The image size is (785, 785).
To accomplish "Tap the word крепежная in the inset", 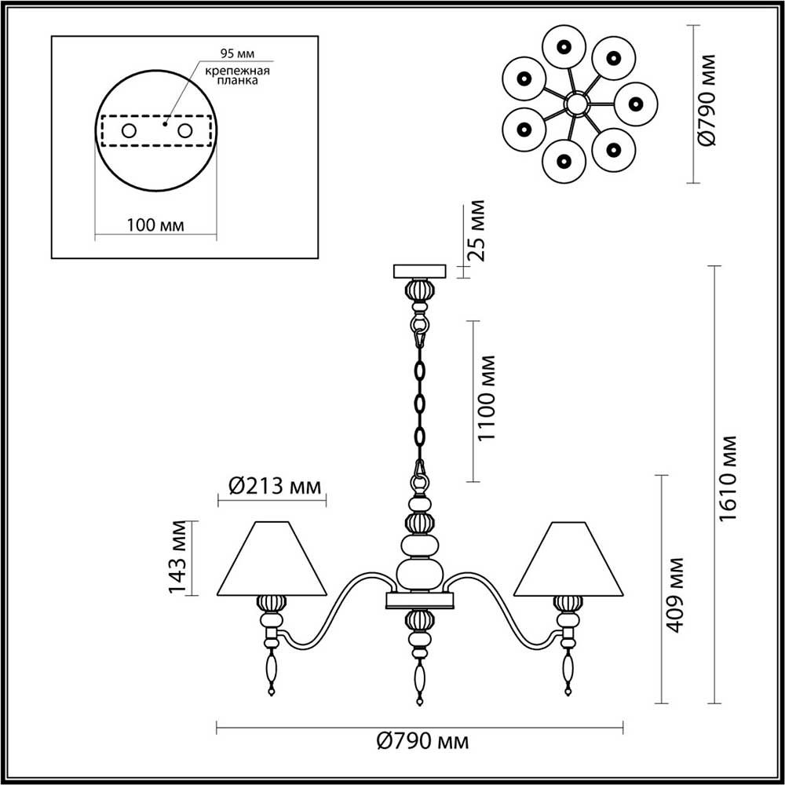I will tap(238, 71).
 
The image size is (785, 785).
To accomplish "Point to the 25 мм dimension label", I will tap(477, 231).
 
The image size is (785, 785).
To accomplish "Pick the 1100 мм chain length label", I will tap(487, 398).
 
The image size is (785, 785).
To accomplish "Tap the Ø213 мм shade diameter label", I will tap(275, 487).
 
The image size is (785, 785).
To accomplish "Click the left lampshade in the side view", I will tap(272, 559).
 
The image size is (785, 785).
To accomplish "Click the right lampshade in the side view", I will tap(568, 559).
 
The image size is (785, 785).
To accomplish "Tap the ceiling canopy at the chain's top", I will tap(419, 271).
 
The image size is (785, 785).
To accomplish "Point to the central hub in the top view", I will tap(577, 103).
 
